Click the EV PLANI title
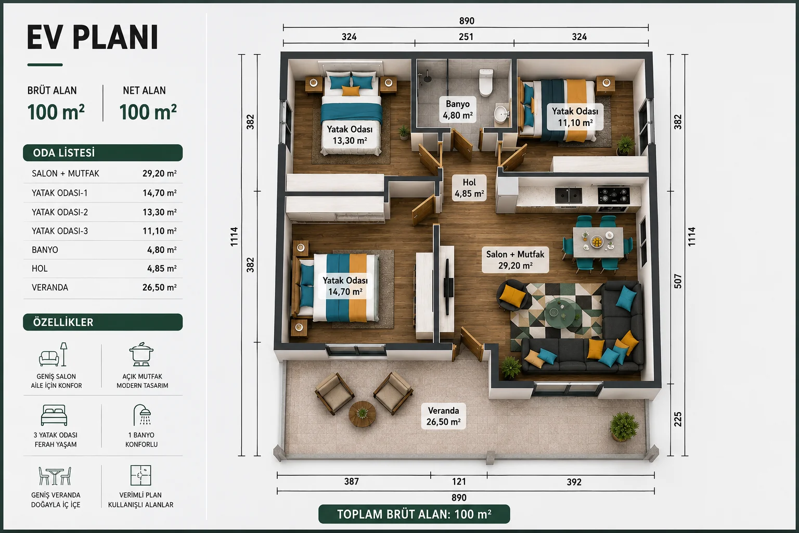coord(93,37)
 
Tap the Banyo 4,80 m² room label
coord(458,110)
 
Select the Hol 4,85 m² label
coord(469,188)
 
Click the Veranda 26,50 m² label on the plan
coord(443,416)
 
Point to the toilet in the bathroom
coord(486,82)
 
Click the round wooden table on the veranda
coord(362,414)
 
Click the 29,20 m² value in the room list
coord(160,173)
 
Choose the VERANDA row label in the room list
coord(50,287)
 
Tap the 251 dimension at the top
coord(466,37)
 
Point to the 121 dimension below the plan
coord(459,481)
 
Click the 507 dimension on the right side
coord(678,281)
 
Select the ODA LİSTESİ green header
coord(102,153)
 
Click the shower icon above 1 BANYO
coord(142,415)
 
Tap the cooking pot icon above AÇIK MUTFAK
coord(141,354)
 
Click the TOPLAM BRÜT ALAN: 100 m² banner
coord(414,514)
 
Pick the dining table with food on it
coord(598,242)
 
